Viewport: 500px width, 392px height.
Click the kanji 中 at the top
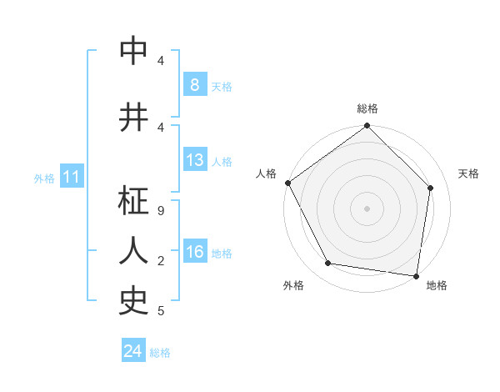[x=134, y=52]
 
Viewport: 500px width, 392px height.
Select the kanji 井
[x=134, y=118]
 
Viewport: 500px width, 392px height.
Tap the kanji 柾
[x=134, y=202]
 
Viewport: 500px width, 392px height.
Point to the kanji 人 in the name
[x=134, y=250]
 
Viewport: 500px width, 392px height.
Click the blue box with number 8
[x=194, y=84]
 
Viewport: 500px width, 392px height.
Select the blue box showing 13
[x=194, y=160]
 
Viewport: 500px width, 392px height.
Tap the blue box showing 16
[x=194, y=252]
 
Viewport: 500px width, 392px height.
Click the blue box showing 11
[x=71, y=177]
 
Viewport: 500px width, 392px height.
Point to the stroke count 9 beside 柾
[x=161, y=212]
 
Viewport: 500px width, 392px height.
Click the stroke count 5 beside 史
[x=161, y=311]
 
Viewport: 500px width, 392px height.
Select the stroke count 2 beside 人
[x=161, y=261]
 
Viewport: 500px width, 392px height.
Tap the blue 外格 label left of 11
[x=44, y=178]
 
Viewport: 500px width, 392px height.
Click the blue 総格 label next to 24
[x=160, y=353]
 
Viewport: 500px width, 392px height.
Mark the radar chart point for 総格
[x=367, y=126]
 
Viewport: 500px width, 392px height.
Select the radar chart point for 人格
[x=288, y=183]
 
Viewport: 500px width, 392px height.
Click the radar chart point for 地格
[x=416, y=275]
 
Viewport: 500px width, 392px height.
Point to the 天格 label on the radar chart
[x=468, y=173]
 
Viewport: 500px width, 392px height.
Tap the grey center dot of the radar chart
[x=367, y=208]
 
